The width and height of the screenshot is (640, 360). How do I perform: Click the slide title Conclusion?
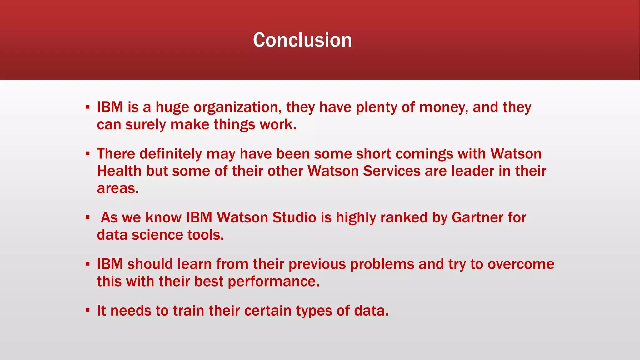[302, 40]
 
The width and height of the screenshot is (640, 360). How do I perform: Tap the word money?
[443, 108]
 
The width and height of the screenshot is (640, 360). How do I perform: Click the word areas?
[117, 189]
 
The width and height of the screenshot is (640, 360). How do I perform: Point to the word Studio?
[294, 218]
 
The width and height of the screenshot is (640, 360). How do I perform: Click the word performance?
[273, 282]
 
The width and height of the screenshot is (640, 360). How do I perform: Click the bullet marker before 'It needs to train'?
[87, 311]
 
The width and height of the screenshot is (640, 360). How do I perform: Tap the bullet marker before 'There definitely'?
[87, 154]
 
